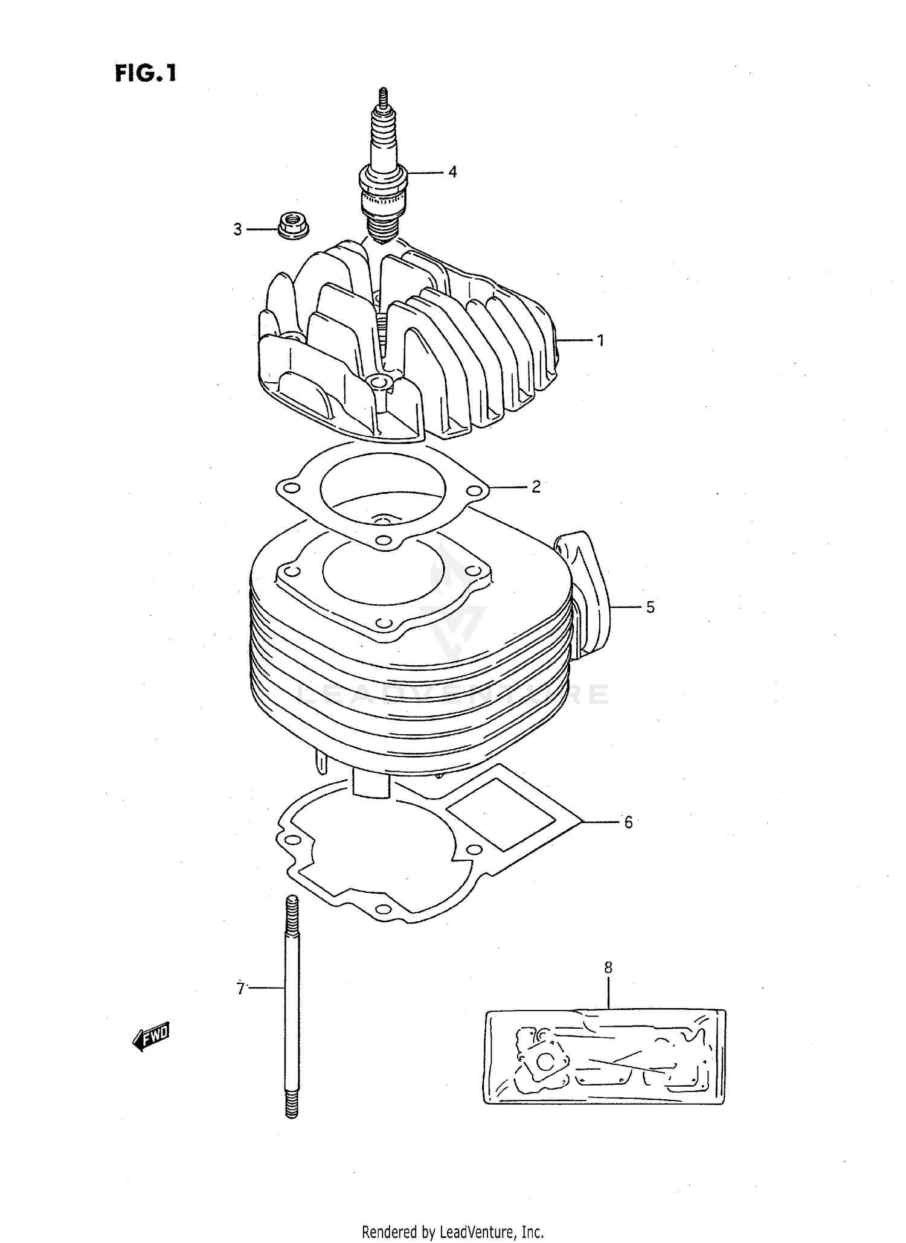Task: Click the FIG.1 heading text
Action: (146, 73)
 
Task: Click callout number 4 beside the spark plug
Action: (452, 172)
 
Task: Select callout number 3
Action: (237, 229)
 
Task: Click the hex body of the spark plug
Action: (383, 179)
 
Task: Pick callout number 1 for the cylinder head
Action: (600, 340)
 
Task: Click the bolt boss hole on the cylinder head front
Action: (379, 383)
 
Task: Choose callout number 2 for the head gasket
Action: (536, 487)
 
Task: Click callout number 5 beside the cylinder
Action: (650, 607)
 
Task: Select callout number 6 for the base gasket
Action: (628, 822)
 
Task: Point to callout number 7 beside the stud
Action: (240, 989)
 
